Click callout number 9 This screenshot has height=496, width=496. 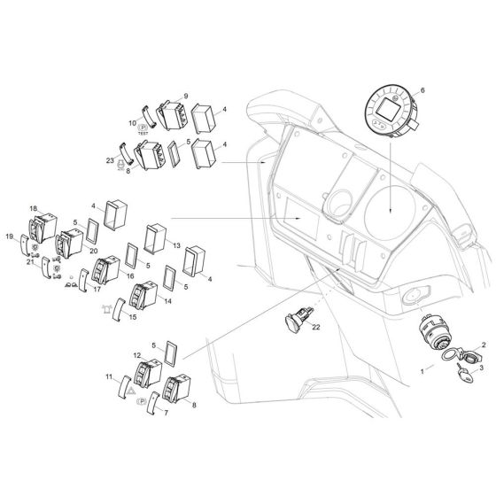coord(186,95)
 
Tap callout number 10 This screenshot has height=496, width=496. coord(133,123)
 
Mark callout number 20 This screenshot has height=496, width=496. coord(93,252)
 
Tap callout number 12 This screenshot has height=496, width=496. coord(137,355)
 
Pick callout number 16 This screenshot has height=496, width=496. coord(130,275)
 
